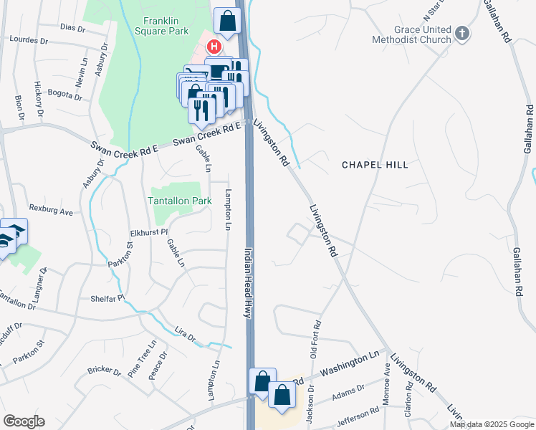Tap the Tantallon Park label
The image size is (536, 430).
pos(180,201)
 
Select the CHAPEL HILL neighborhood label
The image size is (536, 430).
pos(375,165)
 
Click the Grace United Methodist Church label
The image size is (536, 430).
pos(412,34)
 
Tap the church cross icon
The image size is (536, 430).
pos(463,33)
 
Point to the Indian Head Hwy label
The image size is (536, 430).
pos(249,284)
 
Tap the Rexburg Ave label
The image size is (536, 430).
pos(56,212)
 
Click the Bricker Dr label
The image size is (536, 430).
pos(104,371)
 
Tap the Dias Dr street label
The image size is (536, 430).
pos(72,29)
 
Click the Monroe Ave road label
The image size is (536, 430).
pos(387,393)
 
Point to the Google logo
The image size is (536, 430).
pos(24,421)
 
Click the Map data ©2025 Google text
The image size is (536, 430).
pos(491,424)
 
